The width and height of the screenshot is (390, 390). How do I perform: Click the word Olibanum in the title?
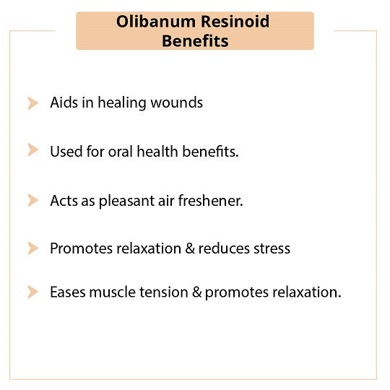click(156, 22)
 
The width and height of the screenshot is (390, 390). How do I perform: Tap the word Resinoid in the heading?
click(235, 22)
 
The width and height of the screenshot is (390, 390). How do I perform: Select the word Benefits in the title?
click(195, 40)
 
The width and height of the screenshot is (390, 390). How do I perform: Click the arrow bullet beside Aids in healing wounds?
click(32, 103)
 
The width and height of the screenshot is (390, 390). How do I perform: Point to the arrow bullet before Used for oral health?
click(32, 149)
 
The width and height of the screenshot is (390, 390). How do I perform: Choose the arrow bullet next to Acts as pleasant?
click(32, 200)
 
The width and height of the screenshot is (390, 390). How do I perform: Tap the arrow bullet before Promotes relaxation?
click(32, 248)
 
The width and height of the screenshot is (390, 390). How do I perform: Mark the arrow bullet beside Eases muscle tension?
click(32, 292)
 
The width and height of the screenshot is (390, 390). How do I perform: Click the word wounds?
click(177, 103)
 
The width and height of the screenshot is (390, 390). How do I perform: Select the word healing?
click(122, 103)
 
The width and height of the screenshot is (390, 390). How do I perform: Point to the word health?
click(157, 152)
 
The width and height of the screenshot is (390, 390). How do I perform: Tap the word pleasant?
click(126, 201)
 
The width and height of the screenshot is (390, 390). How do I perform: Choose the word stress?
click(272, 248)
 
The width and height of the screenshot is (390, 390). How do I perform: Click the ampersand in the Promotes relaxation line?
click(190, 248)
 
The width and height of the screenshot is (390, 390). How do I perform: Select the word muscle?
click(113, 292)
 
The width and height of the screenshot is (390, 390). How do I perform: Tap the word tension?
click(164, 292)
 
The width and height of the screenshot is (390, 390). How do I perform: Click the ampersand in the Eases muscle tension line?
click(196, 292)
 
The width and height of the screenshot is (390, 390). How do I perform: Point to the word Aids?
click(64, 103)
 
